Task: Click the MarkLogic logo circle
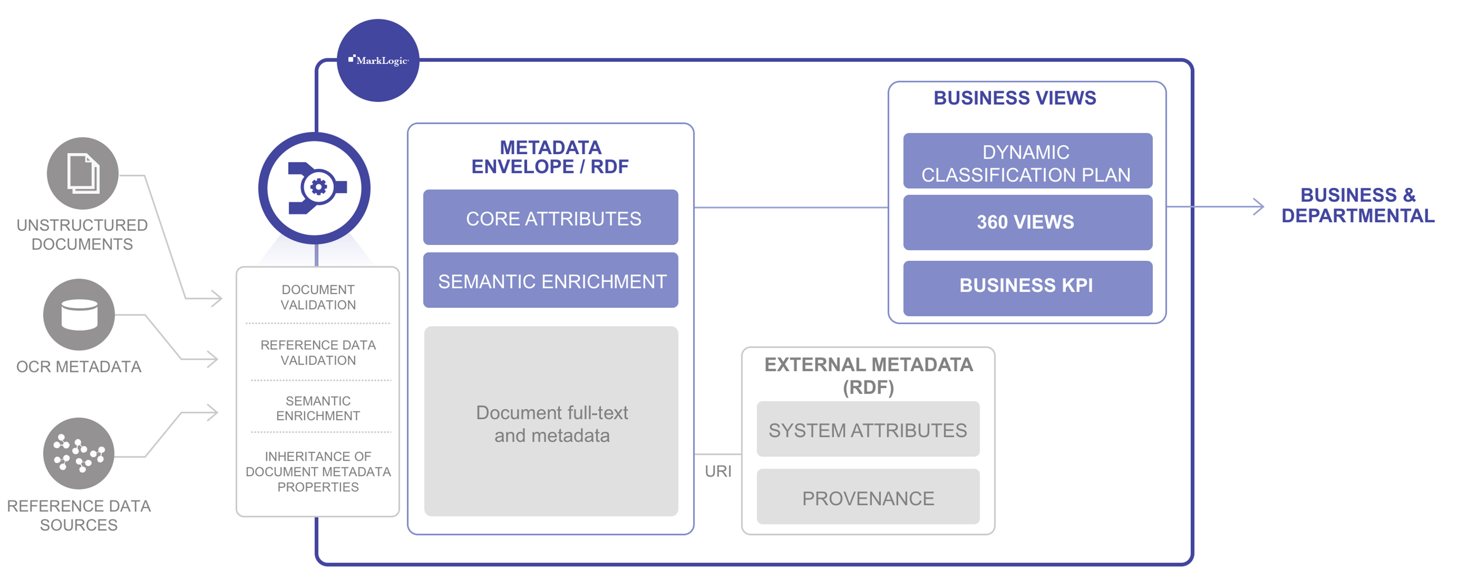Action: click(x=378, y=60)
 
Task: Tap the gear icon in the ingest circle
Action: click(x=318, y=187)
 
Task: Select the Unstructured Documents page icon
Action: click(x=82, y=173)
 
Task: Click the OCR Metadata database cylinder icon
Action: click(x=79, y=315)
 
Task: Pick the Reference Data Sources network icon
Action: click(x=79, y=453)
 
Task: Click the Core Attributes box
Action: click(x=550, y=218)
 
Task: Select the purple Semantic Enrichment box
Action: click(x=550, y=281)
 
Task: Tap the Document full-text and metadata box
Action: click(x=551, y=422)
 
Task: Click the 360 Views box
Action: click(x=1027, y=222)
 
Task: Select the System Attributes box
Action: click(x=867, y=429)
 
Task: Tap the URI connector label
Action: click(x=718, y=471)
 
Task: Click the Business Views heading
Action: click(x=1014, y=98)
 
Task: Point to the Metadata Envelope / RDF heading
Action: click(x=550, y=157)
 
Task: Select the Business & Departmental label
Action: click(x=1357, y=206)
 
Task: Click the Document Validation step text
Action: click(x=318, y=297)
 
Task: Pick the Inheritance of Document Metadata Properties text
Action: click(x=318, y=471)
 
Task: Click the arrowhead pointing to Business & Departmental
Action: click(x=1259, y=207)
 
